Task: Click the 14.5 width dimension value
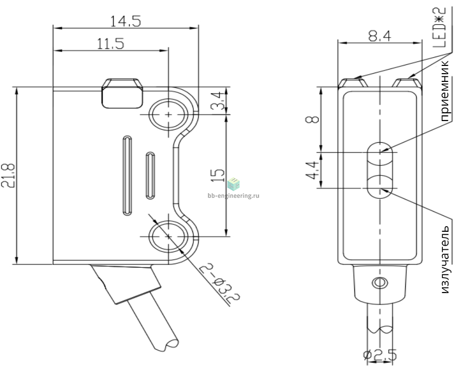pos(125,22)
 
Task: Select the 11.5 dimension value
pos(111,44)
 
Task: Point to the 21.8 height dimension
pos(8,176)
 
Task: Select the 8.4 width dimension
pos(380,37)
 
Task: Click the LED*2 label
pos(439,27)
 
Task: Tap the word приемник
pos(444,91)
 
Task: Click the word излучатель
pos(444,260)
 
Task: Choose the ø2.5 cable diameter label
pos(380,355)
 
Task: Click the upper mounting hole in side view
pos(169,114)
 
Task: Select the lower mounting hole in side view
pos(169,236)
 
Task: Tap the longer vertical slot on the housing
pos(127,176)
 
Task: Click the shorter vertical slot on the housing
pos(150,176)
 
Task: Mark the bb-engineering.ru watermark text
pos(233,196)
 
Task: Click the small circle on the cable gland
pos(380,282)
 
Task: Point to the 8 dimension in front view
pos(312,119)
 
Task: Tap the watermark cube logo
pos(233,184)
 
